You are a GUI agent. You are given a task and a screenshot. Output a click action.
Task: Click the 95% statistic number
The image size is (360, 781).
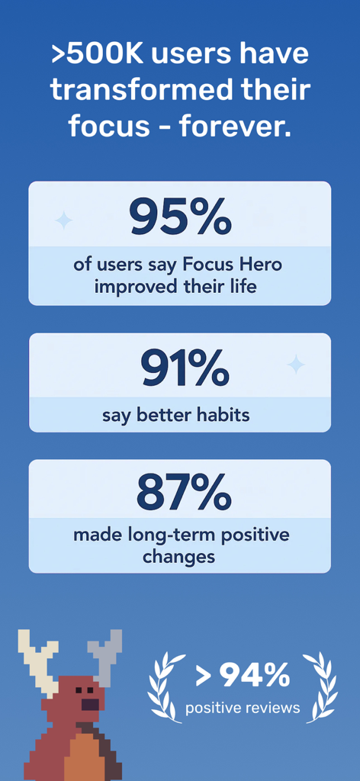pos(180,217)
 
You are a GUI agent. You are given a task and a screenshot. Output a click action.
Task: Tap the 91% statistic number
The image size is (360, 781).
pos(184,368)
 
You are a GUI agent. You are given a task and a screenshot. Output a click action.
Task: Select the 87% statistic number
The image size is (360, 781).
pos(183,493)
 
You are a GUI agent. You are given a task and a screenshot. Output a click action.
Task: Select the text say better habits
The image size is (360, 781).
pos(180,416)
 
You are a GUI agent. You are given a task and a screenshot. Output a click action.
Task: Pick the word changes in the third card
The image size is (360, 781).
pos(178,557)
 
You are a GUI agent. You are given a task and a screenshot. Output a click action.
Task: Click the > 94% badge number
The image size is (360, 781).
pos(243,675)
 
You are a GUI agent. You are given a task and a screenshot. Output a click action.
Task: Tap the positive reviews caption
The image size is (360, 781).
pos(243,708)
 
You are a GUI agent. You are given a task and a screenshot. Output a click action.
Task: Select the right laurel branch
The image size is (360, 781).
pos(320,686)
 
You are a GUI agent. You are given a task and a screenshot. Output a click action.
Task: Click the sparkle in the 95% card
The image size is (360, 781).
pos(64,220)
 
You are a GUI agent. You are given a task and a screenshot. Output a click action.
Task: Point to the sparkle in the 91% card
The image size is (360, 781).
pos(295,365)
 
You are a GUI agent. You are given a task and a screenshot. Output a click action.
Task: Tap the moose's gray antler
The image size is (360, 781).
pos(105,652)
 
